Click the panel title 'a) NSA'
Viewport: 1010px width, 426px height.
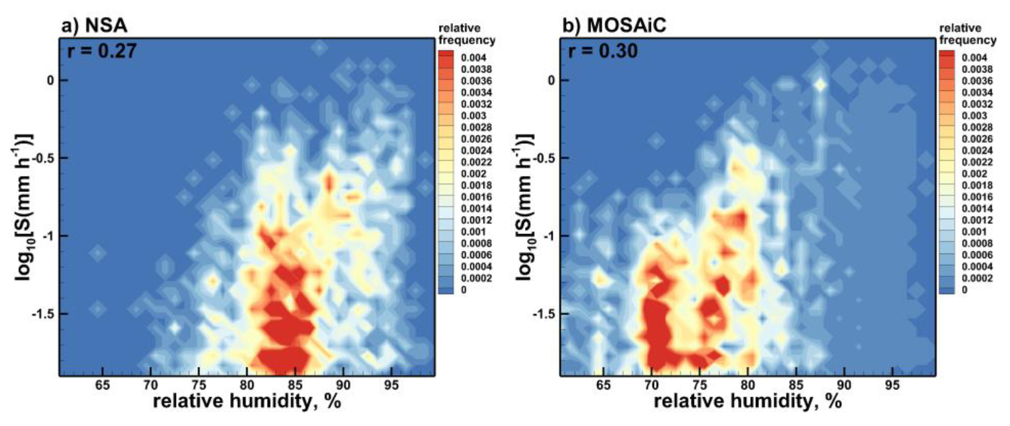tap(94, 26)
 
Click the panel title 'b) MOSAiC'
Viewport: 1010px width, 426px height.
tap(614, 26)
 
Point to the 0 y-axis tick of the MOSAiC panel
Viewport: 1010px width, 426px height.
tap(551, 81)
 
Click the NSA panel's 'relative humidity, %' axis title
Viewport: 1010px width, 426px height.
tap(247, 402)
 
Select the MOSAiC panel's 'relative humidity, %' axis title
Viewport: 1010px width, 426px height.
tap(748, 402)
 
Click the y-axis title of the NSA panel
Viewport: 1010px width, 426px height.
tap(24, 208)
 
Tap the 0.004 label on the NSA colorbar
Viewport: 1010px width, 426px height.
tap(473, 58)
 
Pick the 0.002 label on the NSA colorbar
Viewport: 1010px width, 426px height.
tap(473, 174)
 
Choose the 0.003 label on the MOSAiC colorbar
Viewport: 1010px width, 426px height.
tap(974, 116)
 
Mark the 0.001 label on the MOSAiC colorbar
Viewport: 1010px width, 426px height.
tap(974, 232)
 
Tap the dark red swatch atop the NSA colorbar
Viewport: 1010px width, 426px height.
tap(446, 55)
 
